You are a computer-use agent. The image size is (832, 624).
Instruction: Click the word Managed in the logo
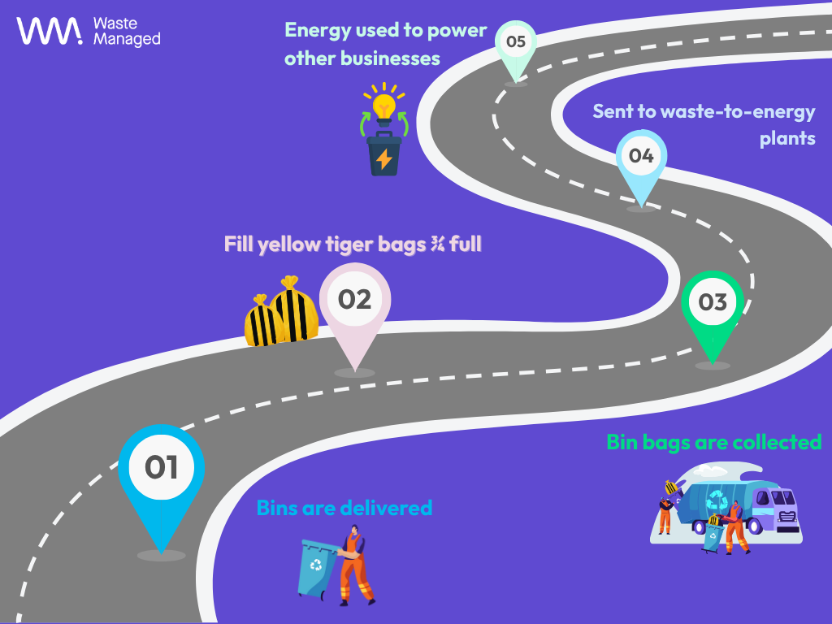tap(127, 39)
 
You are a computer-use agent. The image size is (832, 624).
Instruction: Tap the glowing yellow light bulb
tap(383, 105)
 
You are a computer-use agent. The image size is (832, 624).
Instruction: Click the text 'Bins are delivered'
tap(344, 508)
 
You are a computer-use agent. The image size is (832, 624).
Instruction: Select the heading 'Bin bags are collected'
tap(713, 442)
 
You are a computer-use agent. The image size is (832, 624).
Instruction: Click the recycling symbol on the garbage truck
tap(717, 499)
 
